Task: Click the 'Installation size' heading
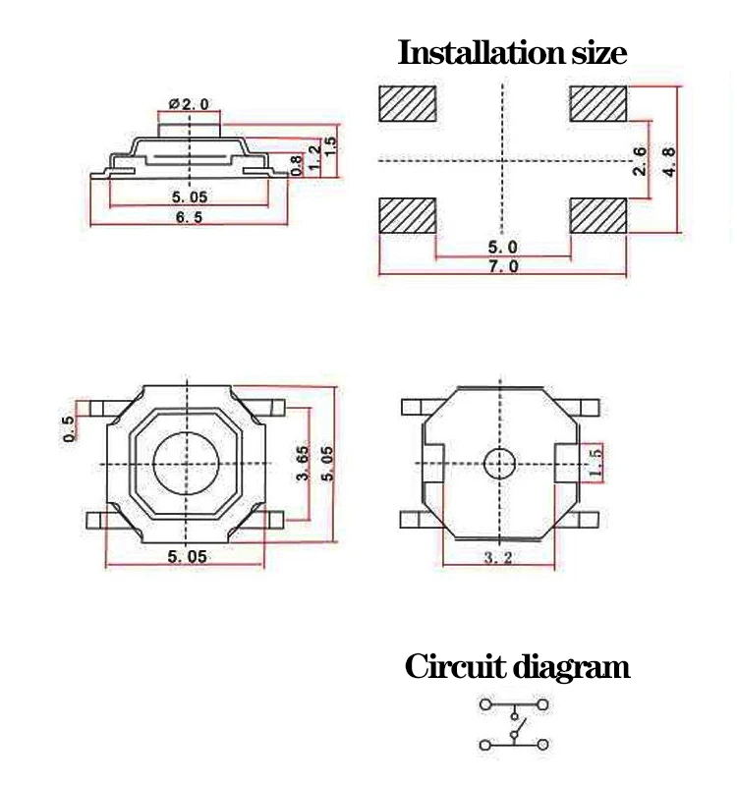[511, 52]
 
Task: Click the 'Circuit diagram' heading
[517, 667]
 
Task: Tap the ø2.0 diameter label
[189, 103]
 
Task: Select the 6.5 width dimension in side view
[189, 217]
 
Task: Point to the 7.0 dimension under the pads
[502, 266]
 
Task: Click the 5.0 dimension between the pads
[502, 248]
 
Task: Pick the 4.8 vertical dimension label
[669, 161]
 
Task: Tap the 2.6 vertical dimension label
[639, 161]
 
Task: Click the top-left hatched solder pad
[407, 103]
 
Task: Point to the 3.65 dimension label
[304, 462]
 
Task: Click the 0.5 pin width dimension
[68, 429]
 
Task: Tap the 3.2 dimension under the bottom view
[500, 558]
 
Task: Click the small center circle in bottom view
[500, 462]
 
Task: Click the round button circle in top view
[185, 462]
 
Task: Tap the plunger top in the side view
[190, 124]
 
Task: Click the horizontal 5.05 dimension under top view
[187, 556]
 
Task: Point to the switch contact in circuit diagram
[515, 728]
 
